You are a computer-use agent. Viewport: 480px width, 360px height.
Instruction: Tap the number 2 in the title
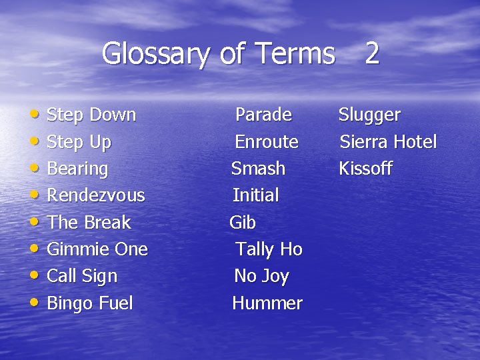point(372,53)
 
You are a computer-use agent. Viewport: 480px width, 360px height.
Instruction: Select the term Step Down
point(91,115)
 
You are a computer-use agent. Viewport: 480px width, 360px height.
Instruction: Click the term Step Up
point(79,142)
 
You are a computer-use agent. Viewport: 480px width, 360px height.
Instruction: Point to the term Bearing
point(77,169)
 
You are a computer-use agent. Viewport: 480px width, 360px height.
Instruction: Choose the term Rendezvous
point(96,195)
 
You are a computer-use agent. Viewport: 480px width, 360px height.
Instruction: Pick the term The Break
point(89,222)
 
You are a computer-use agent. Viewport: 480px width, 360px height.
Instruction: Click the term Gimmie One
point(97,249)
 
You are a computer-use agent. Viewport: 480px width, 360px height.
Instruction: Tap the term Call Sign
point(82,276)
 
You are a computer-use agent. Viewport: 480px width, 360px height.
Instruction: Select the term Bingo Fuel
point(90,303)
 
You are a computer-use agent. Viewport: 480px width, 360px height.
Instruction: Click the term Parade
point(263,115)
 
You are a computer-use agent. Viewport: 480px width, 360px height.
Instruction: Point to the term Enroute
point(267,142)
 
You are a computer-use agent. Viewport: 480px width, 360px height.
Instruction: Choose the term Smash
point(258,169)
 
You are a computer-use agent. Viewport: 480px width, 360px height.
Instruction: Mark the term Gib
point(243,222)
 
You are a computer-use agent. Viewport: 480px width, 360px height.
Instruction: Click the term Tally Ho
point(269,249)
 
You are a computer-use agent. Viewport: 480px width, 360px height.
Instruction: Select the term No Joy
point(261,276)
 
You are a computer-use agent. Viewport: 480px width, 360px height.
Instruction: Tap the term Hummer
point(267,303)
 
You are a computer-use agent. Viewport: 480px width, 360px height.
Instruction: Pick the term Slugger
point(369,115)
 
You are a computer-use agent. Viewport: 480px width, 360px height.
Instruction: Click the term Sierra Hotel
point(388,142)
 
